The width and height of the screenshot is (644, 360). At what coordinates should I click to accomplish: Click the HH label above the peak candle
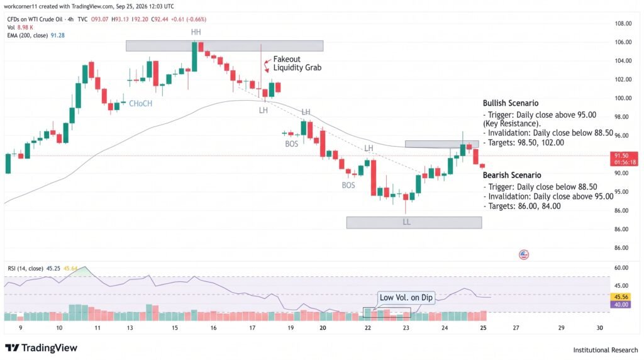click(196, 32)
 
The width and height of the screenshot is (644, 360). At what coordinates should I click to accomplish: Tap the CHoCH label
click(140, 104)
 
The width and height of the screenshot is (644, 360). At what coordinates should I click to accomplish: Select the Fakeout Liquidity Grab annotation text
click(297, 64)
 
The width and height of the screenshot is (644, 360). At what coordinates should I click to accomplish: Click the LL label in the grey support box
click(406, 222)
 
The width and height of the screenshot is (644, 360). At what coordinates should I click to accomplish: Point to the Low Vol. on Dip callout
click(406, 297)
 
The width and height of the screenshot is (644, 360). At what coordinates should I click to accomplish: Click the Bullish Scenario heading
click(511, 103)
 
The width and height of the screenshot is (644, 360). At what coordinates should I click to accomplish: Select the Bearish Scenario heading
click(512, 175)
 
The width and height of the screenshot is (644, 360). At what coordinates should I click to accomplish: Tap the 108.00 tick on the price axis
click(623, 23)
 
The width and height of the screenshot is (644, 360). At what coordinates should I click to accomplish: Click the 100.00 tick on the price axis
click(623, 98)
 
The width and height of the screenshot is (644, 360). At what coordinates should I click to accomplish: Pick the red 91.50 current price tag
click(625, 159)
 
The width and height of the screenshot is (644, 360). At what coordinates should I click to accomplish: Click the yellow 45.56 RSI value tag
click(621, 296)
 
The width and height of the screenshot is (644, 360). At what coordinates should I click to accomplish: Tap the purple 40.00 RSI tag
click(621, 305)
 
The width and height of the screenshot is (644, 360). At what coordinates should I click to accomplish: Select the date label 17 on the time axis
click(252, 327)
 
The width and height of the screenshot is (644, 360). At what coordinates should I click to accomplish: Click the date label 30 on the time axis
click(599, 327)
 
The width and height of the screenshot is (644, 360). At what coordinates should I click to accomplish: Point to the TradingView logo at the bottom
click(41, 348)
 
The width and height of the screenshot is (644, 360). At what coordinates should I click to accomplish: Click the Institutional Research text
click(606, 350)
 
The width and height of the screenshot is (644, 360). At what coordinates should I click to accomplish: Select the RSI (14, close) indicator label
click(25, 268)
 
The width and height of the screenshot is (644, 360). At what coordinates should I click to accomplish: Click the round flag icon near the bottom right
click(524, 254)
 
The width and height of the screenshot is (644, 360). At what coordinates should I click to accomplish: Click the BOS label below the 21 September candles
click(348, 185)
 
